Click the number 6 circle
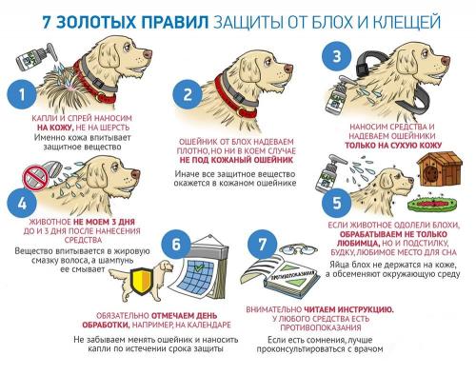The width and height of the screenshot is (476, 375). click(176, 242)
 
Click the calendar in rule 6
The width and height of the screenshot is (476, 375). click(210, 268)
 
